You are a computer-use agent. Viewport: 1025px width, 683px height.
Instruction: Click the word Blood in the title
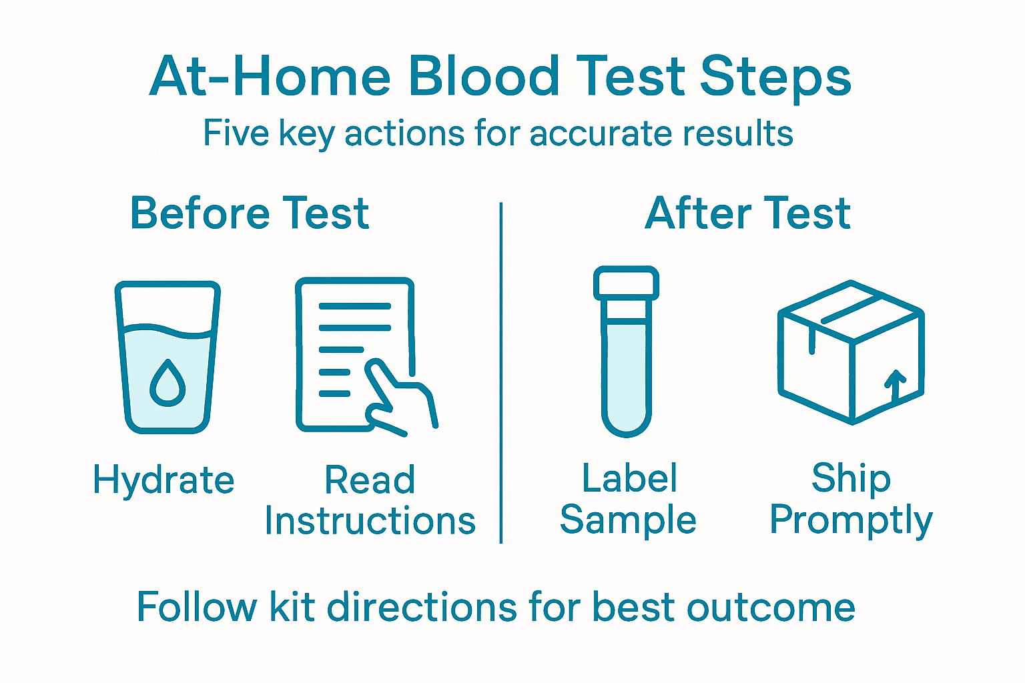[484, 76]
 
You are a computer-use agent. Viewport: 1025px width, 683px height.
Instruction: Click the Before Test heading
[250, 213]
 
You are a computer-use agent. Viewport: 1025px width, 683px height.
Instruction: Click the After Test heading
[747, 213]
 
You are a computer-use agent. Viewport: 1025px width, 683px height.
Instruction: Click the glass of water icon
[167, 357]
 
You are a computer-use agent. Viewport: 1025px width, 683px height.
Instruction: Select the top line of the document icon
[354, 307]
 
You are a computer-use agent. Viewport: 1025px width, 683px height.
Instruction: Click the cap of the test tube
[626, 283]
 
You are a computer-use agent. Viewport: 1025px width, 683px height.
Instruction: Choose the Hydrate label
[163, 480]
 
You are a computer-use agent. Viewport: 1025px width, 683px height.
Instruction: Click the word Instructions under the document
[370, 521]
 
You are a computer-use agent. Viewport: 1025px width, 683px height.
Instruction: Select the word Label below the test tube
[629, 478]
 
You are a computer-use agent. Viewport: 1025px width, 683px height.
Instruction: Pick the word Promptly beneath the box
[851, 520]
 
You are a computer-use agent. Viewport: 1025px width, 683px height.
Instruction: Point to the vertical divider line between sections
[500, 374]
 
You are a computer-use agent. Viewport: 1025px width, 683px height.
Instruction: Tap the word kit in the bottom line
[292, 607]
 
